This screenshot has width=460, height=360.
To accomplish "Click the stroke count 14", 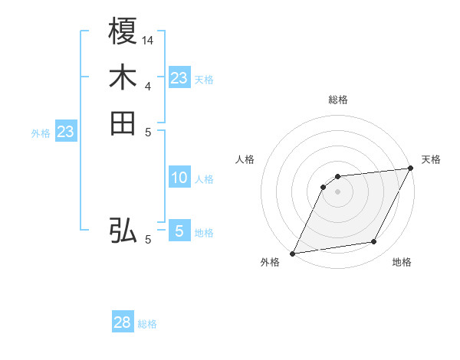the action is [x=148, y=39].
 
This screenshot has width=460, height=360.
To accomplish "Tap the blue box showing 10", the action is [x=179, y=178].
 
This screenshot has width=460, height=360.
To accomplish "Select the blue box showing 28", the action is [x=123, y=322].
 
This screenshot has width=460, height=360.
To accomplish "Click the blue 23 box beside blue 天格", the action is [x=179, y=77].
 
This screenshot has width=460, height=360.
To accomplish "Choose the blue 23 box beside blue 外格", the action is [x=66, y=132].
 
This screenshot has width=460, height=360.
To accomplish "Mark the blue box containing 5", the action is [x=179, y=231].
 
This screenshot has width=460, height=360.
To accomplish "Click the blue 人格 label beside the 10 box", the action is [x=204, y=179].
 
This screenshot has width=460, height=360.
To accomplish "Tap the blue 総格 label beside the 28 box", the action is [x=147, y=324].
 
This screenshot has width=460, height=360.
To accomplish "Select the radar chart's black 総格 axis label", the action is [x=337, y=100].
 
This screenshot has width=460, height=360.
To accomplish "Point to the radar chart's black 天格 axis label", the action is [x=431, y=159].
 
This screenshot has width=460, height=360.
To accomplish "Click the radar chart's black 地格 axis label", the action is [x=402, y=262].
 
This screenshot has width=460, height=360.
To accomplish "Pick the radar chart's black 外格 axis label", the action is [x=270, y=262].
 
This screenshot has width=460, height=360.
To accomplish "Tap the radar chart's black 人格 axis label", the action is [x=245, y=159].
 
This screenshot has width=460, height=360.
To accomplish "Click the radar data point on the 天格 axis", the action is [x=410, y=169].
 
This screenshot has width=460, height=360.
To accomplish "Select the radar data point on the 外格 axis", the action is [x=292, y=254].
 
